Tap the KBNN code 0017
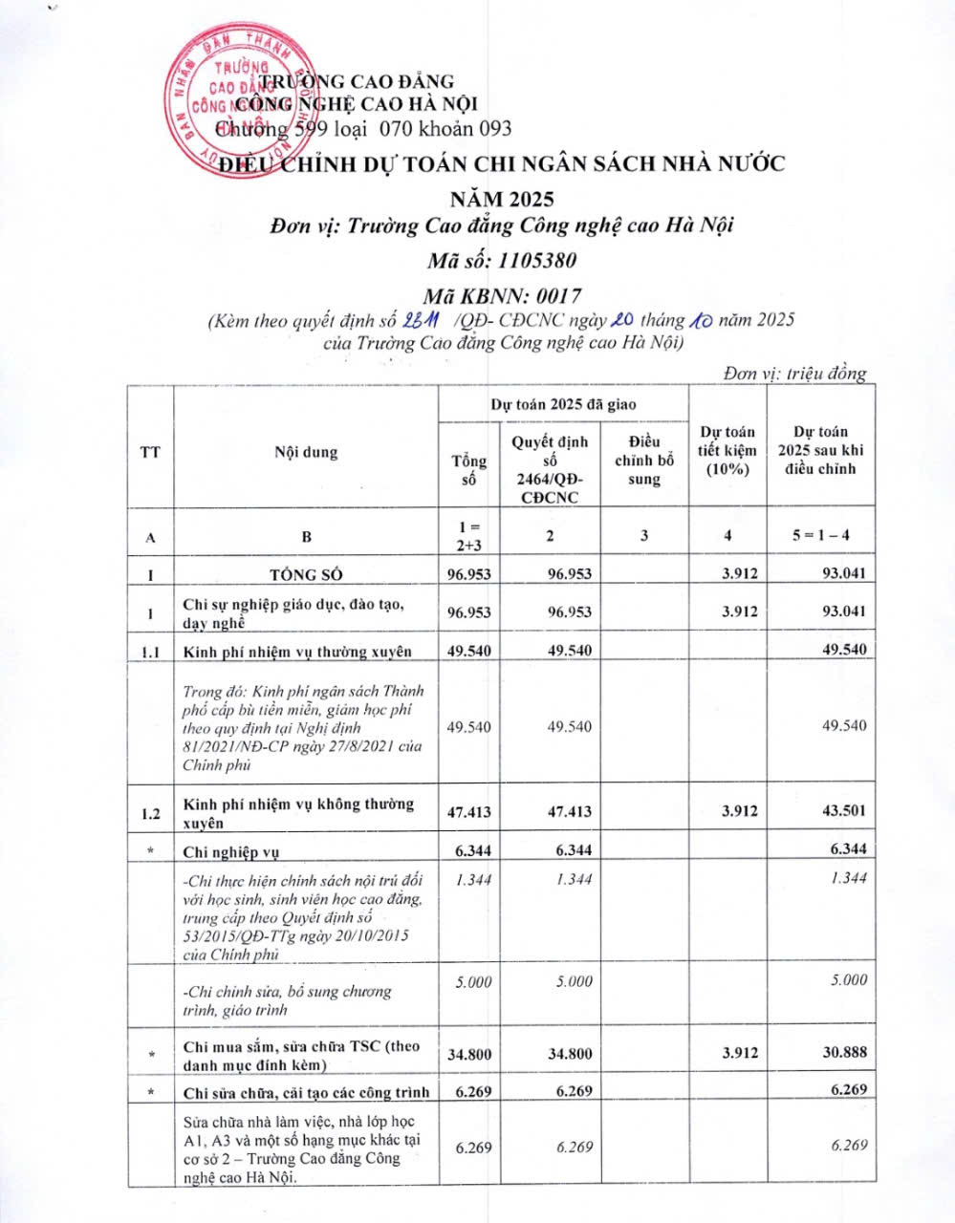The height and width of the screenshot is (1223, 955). click(549, 296)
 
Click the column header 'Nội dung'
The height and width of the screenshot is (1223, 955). click(306, 452)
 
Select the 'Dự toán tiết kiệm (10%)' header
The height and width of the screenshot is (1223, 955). click(727, 450)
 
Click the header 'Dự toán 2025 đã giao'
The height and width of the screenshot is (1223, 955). click(563, 404)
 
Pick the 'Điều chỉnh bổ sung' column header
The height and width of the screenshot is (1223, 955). click(644, 460)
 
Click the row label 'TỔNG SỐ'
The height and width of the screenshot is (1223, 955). click(306, 574)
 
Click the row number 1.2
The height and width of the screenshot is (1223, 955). click(150, 814)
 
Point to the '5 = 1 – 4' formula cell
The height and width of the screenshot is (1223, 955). click(820, 535)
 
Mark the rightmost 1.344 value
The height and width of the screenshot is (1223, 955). click(848, 878)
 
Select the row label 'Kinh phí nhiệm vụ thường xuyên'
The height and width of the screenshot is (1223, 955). click(297, 652)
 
